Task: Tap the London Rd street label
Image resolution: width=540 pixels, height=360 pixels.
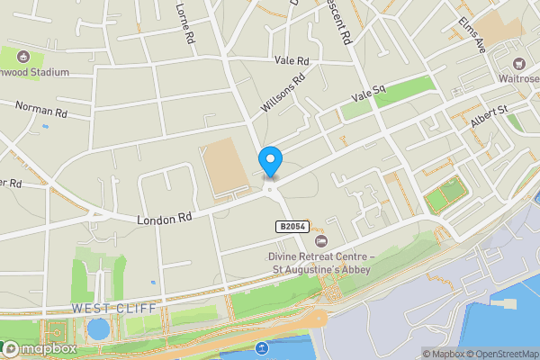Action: click(165, 219)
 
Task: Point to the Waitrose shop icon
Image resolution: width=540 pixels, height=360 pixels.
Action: click(519, 64)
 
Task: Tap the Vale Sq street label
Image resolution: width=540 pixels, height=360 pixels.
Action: click(368, 93)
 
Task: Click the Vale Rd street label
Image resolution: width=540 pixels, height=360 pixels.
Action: click(292, 60)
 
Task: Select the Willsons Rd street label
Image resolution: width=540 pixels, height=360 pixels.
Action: click(282, 94)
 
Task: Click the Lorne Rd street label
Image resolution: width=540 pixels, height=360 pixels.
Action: click(184, 24)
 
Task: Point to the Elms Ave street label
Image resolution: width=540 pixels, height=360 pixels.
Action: click(472, 34)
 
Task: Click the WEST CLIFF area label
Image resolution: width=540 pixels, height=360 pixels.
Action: click(113, 309)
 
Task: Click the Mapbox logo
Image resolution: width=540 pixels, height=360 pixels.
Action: click(40, 348)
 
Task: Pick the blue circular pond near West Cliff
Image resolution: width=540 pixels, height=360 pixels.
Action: click(98, 328)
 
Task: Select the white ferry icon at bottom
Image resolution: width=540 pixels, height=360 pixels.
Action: click(261, 348)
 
